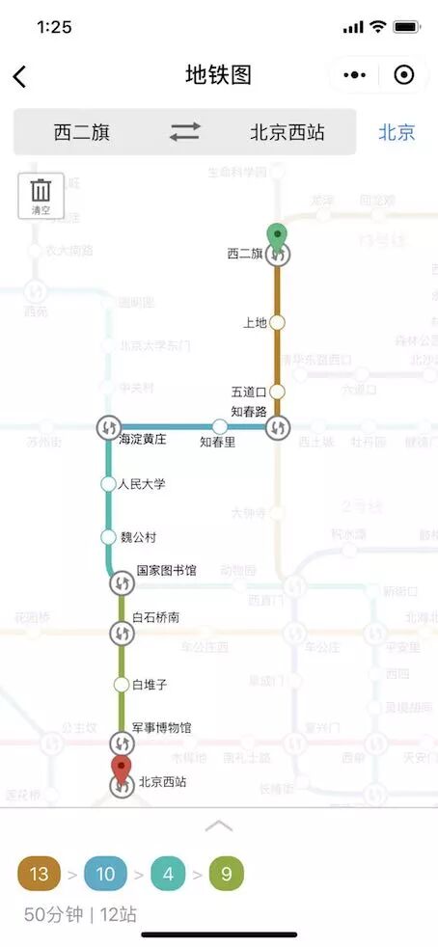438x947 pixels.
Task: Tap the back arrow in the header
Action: [x=19, y=76]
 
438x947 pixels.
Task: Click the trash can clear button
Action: [x=41, y=195]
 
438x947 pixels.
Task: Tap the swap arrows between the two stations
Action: [x=184, y=132]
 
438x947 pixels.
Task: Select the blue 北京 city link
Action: [x=397, y=132]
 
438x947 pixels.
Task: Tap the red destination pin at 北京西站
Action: [x=122, y=771]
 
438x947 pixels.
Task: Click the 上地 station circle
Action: [x=277, y=322]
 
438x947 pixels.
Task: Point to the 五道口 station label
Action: [x=248, y=392]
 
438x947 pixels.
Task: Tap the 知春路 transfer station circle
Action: [x=278, y=426]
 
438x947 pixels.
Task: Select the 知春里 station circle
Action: [x=220, y=426]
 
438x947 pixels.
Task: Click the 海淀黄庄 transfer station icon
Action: [x=108, y=426]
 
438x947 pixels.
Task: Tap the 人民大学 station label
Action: [x=142, y=483]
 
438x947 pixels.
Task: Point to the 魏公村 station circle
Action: [x=108, y=537]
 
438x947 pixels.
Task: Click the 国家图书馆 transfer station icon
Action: [x=122, y=582]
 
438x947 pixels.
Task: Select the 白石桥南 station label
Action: [x=155, y=616]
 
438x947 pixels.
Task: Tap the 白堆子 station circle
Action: [x=122, y=685]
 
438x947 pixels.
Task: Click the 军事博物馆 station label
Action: [x=161, y=727]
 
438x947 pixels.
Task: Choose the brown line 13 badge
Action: [x=39, y=874]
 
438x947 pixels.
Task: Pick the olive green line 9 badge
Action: [x=227, y=874]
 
